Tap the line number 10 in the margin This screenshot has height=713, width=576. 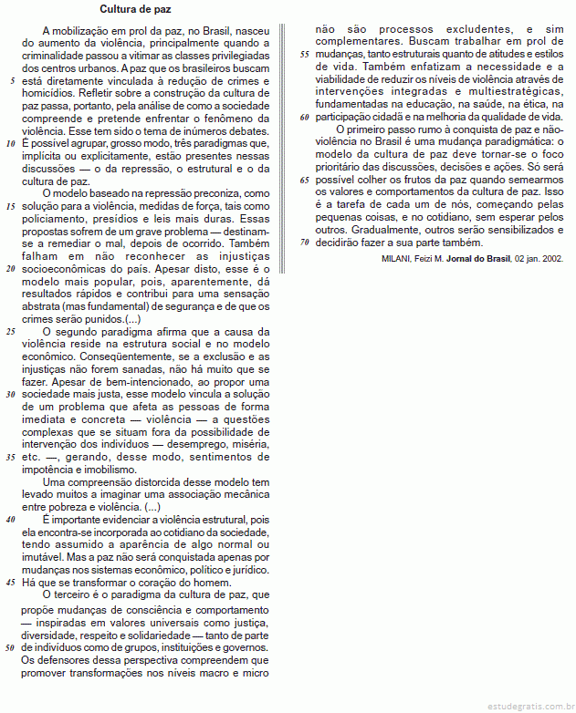(x=10, y=143)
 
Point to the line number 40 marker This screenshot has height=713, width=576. (x=10, y=518)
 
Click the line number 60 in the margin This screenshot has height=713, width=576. (x=304, y=117)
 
